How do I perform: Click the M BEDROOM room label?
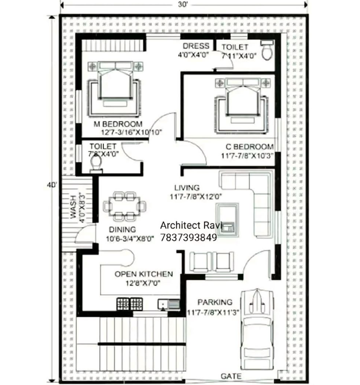pyautogui.click(x=118, y=124)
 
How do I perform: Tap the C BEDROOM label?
pyautogui.click(x=250, y=147)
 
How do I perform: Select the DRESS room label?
pyautogui.click(x=196, y=46)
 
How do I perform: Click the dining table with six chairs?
pyautogui.click(x=125, y=206)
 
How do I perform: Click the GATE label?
pyautogui.click(x=231, y=376)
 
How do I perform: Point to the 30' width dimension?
pyautogui.click(x=183, y=4)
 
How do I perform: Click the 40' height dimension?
pyautogui.click(x=52, y=185)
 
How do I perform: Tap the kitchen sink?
pyautogui.click(x=169, y=305)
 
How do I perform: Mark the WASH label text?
pyautogui.click(x=73, y=207)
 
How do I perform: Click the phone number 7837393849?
pyautogui.click(x=189, y=237)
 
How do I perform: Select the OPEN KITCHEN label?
pyautogui.click(x=144, y=274)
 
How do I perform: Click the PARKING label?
pyautogui.click(x=215, y=302)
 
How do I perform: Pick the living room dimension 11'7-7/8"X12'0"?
pyautogui.click(x=196, y=197)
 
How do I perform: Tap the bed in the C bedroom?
pyautogui.click(x=242, y=101)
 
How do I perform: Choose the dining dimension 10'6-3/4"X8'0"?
pyautogui.click(x=130, y=238)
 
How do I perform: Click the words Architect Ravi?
pyautogui.click(x=191, y=225)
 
